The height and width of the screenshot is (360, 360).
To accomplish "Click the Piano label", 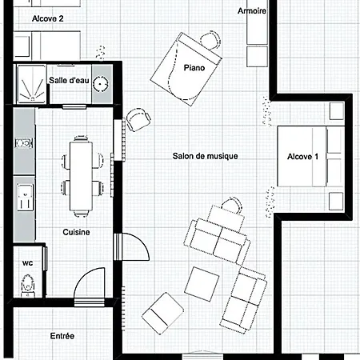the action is point(194,68).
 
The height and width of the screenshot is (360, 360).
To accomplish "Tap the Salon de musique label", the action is point(205,156).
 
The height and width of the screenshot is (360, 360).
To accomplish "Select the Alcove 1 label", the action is point(302,157).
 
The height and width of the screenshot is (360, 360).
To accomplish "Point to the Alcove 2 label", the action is point(48,18).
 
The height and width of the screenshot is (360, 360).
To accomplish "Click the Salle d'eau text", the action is point(69,80).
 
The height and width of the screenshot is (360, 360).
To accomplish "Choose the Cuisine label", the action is point(76,232).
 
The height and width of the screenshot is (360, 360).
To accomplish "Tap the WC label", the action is point(28,263).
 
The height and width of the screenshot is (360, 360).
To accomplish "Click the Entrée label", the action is point(62,336).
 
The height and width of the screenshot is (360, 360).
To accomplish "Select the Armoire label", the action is point(252,11).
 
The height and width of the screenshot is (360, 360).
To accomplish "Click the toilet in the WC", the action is point(28,286).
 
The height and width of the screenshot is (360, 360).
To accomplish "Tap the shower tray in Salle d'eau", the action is point(32,85).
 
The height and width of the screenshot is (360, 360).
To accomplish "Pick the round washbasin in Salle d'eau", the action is point(101,84).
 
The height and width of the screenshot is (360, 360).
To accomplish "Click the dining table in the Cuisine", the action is point(81,176).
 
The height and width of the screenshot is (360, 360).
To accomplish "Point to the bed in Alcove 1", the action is point(310,156).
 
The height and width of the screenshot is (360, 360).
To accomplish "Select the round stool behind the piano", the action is point(210,40).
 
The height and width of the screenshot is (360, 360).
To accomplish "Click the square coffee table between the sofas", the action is point(202,284).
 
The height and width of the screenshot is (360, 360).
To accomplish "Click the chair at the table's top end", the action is point(81,138).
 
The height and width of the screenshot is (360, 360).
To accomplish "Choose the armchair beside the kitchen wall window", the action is point(138,119).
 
